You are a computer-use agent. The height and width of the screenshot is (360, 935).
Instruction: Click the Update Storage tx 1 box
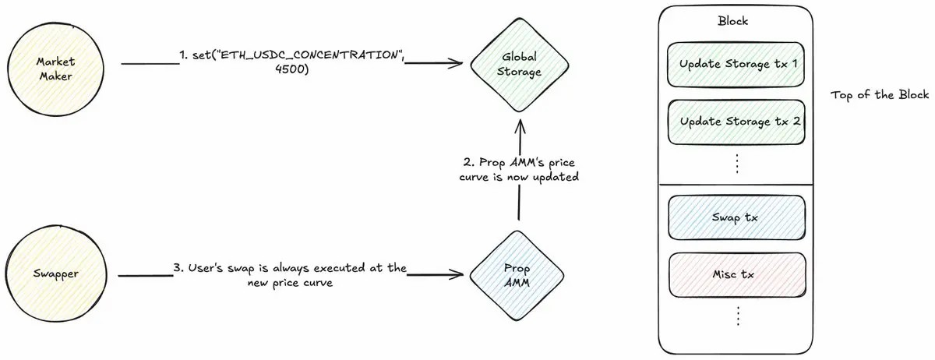click(736, 63)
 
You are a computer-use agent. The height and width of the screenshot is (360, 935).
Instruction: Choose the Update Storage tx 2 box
click(736, 122)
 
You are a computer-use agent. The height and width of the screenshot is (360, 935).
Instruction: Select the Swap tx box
click(736, 217)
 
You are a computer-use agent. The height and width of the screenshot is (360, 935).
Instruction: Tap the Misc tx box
click(736, 274)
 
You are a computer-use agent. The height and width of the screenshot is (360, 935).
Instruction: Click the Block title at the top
click(736, 20)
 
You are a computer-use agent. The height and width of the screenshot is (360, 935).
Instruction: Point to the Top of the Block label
click(879, 95)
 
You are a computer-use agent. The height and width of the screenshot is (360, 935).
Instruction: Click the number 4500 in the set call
click(293, 70)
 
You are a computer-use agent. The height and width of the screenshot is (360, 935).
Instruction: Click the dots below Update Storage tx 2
click(736, 164)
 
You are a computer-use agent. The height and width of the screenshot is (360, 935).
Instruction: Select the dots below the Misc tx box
click(736, 316)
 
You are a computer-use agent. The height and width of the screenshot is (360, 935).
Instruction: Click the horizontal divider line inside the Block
click(736, 185)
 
